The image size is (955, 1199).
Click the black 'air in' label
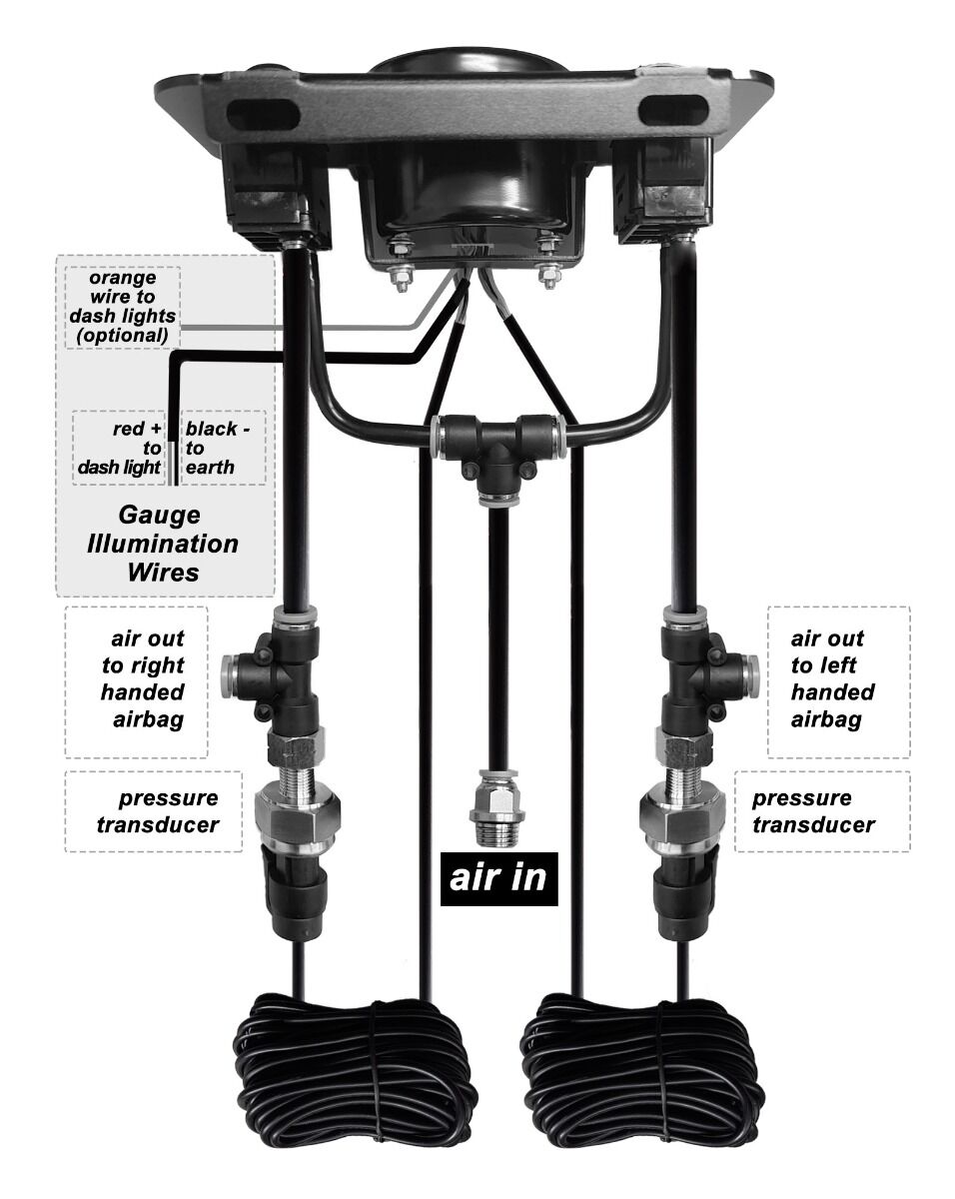(x=498, y=878)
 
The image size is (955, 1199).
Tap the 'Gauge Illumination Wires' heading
(x=162, y=544)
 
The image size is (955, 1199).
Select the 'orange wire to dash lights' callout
(x=123, y=307)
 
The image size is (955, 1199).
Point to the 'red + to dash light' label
(x=120, y=448)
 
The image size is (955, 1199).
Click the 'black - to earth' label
(x=218, y=448)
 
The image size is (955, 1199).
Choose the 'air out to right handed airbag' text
(x=143, y=678)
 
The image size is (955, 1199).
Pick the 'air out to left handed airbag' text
(x=832, y=678)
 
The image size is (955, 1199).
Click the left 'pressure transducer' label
(x=158, y=811)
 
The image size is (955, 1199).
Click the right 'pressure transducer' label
(x=813, y=811)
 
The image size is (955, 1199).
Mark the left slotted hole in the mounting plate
(x=263, y=115)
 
